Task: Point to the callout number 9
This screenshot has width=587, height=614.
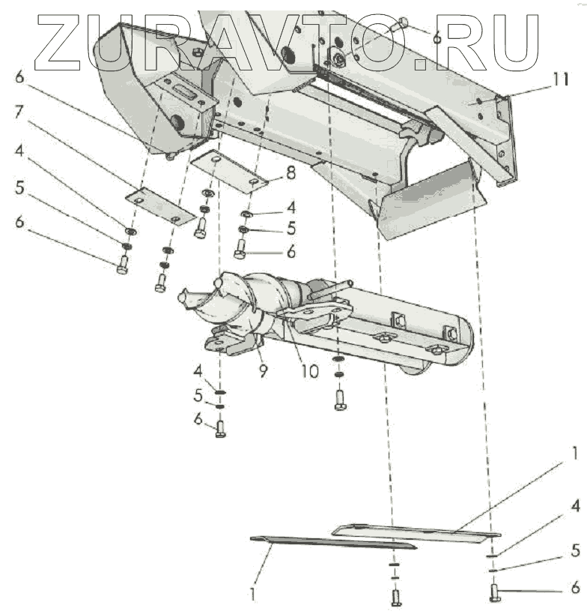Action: [263, 370]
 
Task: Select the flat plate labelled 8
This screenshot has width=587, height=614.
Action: [229, 172]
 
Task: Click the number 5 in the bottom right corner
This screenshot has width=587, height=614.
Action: [574, 550]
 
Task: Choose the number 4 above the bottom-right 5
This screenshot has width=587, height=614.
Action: [574, 507]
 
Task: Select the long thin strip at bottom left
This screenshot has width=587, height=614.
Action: [329, 542]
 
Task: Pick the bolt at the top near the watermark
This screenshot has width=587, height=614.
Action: [404, 25]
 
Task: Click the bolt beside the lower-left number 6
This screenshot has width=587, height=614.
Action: [220, 429]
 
